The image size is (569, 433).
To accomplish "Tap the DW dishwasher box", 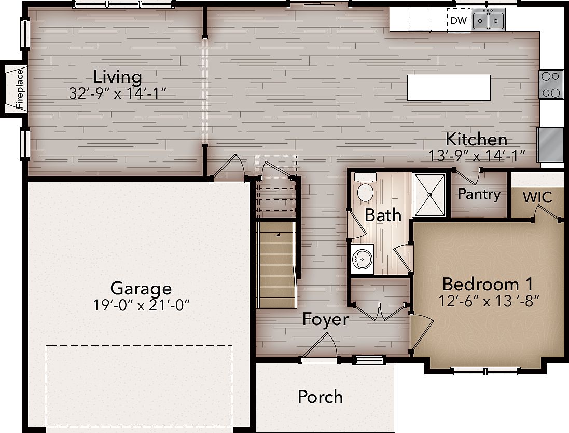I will point(459,21).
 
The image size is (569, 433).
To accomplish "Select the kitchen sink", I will point(489,21).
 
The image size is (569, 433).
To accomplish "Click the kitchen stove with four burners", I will point(551,84).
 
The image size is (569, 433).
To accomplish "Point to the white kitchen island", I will point(449,87).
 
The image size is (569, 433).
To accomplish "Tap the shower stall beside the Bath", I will point(429,195).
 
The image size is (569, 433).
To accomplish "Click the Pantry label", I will point(479,194).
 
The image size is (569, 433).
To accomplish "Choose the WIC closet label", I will point(537,197).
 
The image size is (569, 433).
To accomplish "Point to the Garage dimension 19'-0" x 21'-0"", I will point(141,305).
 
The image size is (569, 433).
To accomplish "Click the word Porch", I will point(320,397).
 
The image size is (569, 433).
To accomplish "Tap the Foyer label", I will point(325,319).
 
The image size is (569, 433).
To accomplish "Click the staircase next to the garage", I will point(277,265).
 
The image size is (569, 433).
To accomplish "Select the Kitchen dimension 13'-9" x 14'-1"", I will point(477,155).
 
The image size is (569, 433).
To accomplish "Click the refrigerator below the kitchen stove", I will point(551,144).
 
